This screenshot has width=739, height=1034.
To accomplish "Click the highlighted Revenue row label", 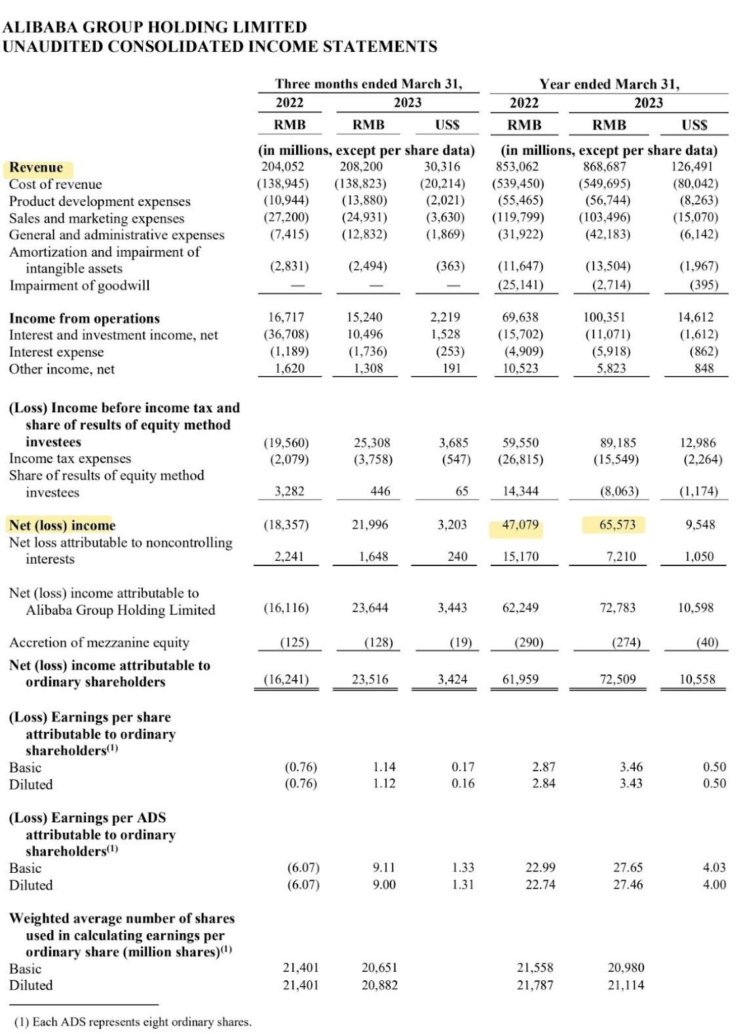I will coord(36,168).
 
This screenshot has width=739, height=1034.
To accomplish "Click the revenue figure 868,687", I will coord(604,167).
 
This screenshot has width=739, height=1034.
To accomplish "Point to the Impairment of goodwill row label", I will coord(79,286).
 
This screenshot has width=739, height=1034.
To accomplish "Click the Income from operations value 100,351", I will coord(604,318).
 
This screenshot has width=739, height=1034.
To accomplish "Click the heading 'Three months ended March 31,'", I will coord(368,84).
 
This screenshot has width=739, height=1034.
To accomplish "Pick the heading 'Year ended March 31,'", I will coord(609,84).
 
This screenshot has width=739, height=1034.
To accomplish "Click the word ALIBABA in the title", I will coord(39,28).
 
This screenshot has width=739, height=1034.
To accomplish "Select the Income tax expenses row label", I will coord(70,459).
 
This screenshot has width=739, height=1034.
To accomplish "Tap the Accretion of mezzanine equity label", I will coord(99,643).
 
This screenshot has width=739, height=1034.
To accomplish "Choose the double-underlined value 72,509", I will coord(617,680).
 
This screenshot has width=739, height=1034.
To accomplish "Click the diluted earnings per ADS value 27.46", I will coord(628,885).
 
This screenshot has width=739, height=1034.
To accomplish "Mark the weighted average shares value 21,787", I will coord(535,985).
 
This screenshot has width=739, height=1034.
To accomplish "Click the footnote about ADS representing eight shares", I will coord(132,1022).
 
